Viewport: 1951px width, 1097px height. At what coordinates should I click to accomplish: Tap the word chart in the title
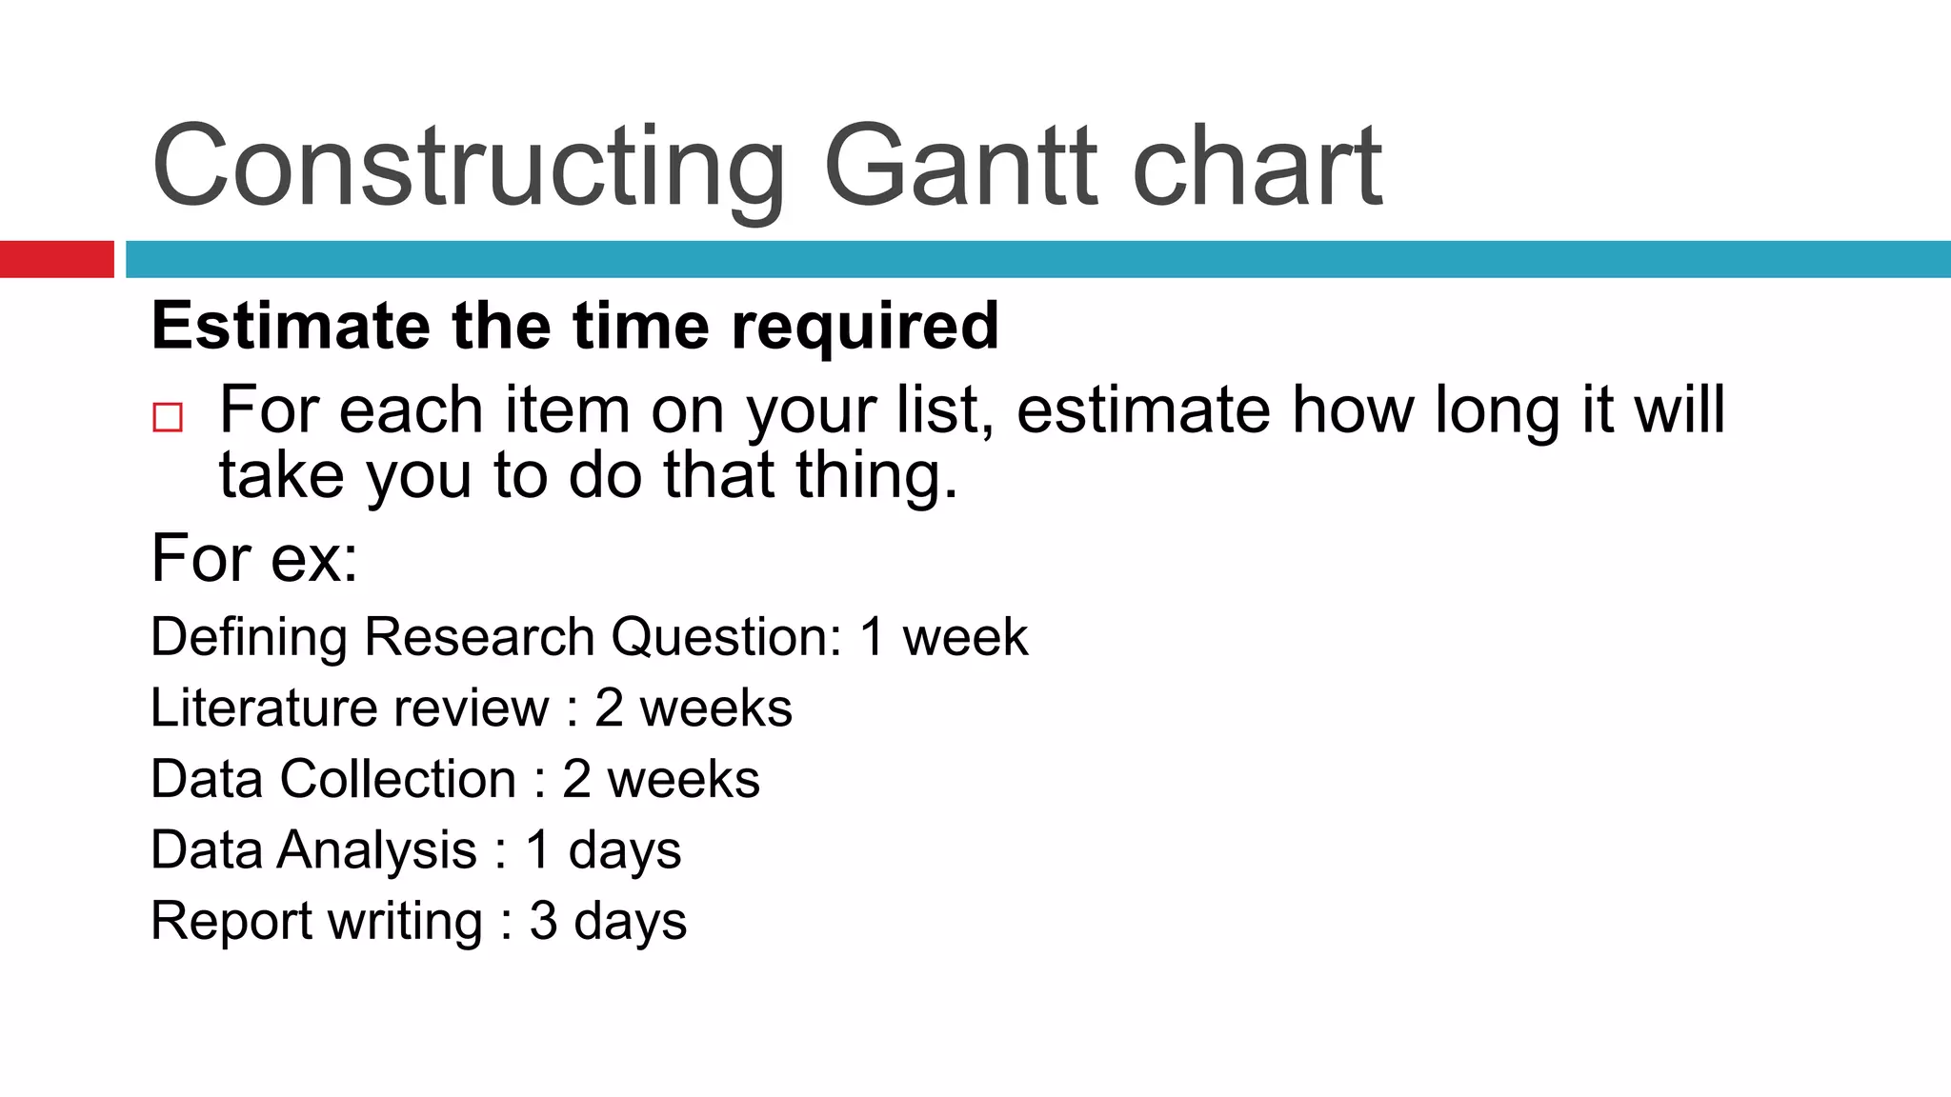pyautogui.click(x=1257, y=167)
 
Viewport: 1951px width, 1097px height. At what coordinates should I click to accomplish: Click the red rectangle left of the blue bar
pyautogui.click(x=56, y=259)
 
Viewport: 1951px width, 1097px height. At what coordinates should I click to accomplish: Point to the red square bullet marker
pyautogui.click(x=168, y=417)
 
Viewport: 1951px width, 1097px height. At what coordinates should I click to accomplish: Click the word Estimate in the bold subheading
pyautogui.click(x=291, y=326)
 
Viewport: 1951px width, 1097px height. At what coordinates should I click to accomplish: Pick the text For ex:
pyautogui.click(x=254, y=558)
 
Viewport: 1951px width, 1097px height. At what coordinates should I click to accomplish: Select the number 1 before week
pyautogui.click(x=872, y=636)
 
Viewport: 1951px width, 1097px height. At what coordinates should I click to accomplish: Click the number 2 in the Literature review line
pyautogui.click(x=610, y=708)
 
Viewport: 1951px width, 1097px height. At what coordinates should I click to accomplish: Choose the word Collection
pyautogui.click(x=398, y=779)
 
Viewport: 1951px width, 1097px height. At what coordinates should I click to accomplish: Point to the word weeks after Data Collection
pyautogui.click(x=683, y=779)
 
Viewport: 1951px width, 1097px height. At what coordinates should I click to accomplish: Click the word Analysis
pyautogui.click(x=377, y=849)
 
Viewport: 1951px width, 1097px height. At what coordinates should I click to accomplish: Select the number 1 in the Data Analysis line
pyautogui.click(x=538, y=849)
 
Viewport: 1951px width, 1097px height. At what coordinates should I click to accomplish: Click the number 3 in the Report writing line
pyautogui.click(x=543, y=921)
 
